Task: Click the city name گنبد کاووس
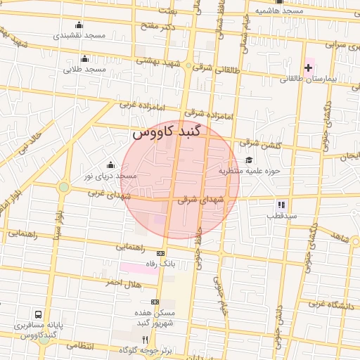coord(167,132)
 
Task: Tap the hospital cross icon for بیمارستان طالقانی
coord(308,67)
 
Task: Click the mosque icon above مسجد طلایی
coord(85,59)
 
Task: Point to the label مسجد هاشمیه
coord(278,11)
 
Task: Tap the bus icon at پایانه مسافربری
coord(38,314)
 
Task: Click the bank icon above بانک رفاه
coord(161,253)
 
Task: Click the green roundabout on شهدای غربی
coord(64,187)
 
